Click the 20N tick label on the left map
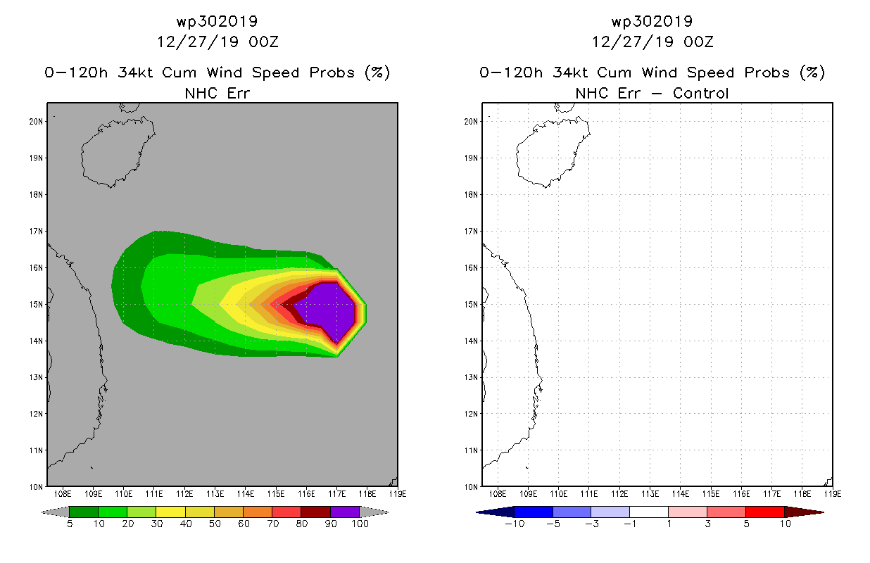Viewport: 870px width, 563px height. coord(36,122)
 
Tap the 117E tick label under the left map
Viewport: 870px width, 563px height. coord(336,494)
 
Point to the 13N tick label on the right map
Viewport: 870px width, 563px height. coord(471,377)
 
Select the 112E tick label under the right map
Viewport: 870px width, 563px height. coord(619,494)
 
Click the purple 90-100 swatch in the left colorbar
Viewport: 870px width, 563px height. coord(346,512)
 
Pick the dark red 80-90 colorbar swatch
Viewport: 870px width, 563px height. coord(316,512)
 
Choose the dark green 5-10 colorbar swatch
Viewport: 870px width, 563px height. coord(84,512)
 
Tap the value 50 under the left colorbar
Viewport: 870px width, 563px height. coord(215,524)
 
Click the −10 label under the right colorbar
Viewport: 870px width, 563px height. coord(515,524)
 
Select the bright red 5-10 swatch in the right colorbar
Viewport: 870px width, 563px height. coord(765,512)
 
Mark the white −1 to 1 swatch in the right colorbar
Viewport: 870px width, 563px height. coord(649,512)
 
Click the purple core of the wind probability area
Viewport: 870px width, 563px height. coord(330,307)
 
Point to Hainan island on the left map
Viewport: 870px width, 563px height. coord(117,151)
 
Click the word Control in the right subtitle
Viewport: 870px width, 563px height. coord(700,93)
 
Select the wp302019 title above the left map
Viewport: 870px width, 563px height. coord(217,21)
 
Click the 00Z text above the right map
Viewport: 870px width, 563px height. coord(698,42)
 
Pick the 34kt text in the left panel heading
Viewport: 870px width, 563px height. coord(136,72)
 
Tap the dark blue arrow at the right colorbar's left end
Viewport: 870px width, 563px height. coord(496,512)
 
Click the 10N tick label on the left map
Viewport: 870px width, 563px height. coord(36,487)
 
